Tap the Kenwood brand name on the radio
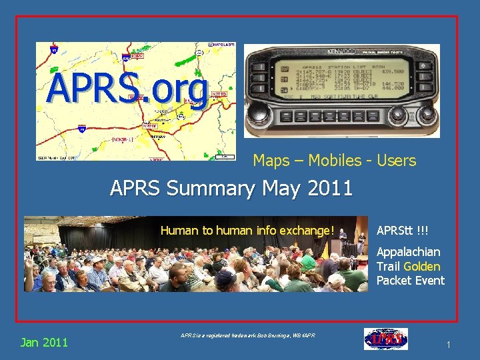point(340,51)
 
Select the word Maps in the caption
point(272,161)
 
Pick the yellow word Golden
point(421,266)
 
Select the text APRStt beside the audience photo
point(394,231)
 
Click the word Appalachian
point(409,252)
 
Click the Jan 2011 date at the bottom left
point(44,343)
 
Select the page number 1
point(449,345)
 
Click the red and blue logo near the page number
point(386,339)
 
